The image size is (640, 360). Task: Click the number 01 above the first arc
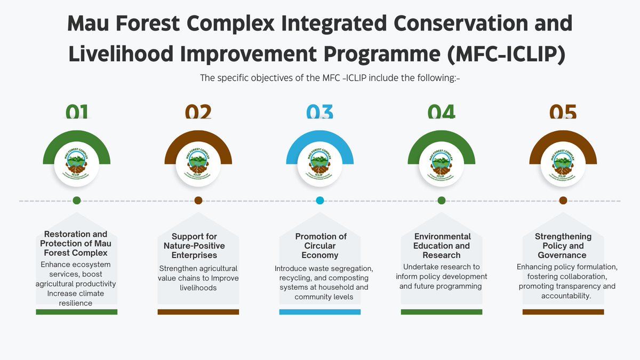77,112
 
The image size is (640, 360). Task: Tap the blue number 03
320,112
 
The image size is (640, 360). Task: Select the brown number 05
563,112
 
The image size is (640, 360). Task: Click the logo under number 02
198,164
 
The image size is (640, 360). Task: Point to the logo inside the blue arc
320,164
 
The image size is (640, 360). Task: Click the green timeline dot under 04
442,201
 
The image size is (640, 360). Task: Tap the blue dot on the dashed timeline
320,201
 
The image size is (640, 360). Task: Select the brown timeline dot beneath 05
563,201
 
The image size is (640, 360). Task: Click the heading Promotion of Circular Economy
321,245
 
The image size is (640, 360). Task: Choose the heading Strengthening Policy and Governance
563,245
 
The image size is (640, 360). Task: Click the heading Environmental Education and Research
442,245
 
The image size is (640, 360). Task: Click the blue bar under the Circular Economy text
320,311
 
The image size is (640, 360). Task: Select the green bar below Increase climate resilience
77,311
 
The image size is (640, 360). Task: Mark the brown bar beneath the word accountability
563,311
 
